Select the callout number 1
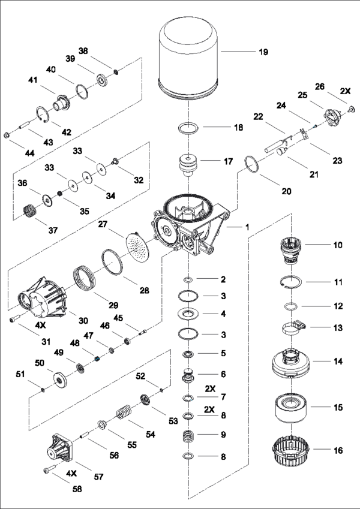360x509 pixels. tap(246, 227)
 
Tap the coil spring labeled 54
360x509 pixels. tap(123, 414)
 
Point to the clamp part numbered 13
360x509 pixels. tap(293, 328)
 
